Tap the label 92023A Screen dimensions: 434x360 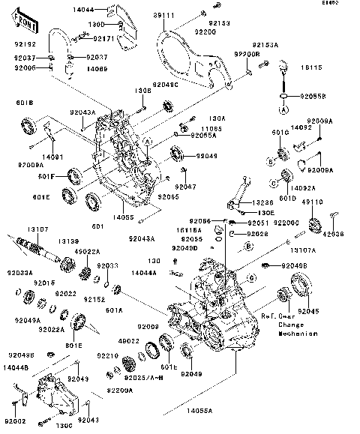coord(20,273)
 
